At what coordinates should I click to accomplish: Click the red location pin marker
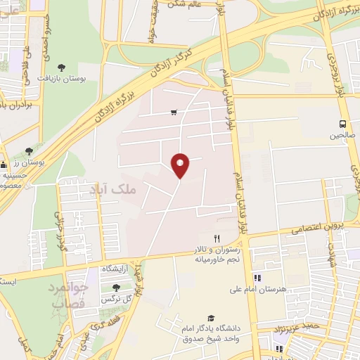coord(181,165)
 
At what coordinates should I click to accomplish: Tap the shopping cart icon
coord(174,112)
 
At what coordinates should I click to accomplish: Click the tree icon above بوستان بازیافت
coord(62,67)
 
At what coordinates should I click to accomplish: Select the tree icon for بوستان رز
coord(29,151)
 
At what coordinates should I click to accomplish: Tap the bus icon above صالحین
coord(343,122)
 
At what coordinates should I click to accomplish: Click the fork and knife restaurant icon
coord(217,239)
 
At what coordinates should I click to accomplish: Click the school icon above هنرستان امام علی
coord(257,278)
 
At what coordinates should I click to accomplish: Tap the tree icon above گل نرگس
coord(116,287)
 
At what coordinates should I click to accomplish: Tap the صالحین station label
coord(344,134)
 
